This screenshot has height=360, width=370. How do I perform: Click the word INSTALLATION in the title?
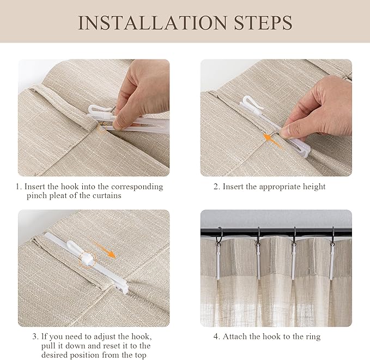click(x=153, y=23)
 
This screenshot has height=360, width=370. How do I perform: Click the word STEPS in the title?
click(x=263, y=23)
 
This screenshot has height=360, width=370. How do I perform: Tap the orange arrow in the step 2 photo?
click(x=272, y=141)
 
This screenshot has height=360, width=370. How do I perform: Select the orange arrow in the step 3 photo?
click(x=105, y=249)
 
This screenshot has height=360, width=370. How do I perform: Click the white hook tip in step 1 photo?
click(x=91, y=109)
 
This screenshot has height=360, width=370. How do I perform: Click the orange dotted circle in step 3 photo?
click(x=88, y=259)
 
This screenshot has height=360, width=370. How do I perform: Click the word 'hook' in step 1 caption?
click(x=70, y=187)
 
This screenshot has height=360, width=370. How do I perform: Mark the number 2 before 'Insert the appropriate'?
click(x=216, y=187)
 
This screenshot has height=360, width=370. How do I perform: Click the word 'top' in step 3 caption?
click(x=140, y=355)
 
